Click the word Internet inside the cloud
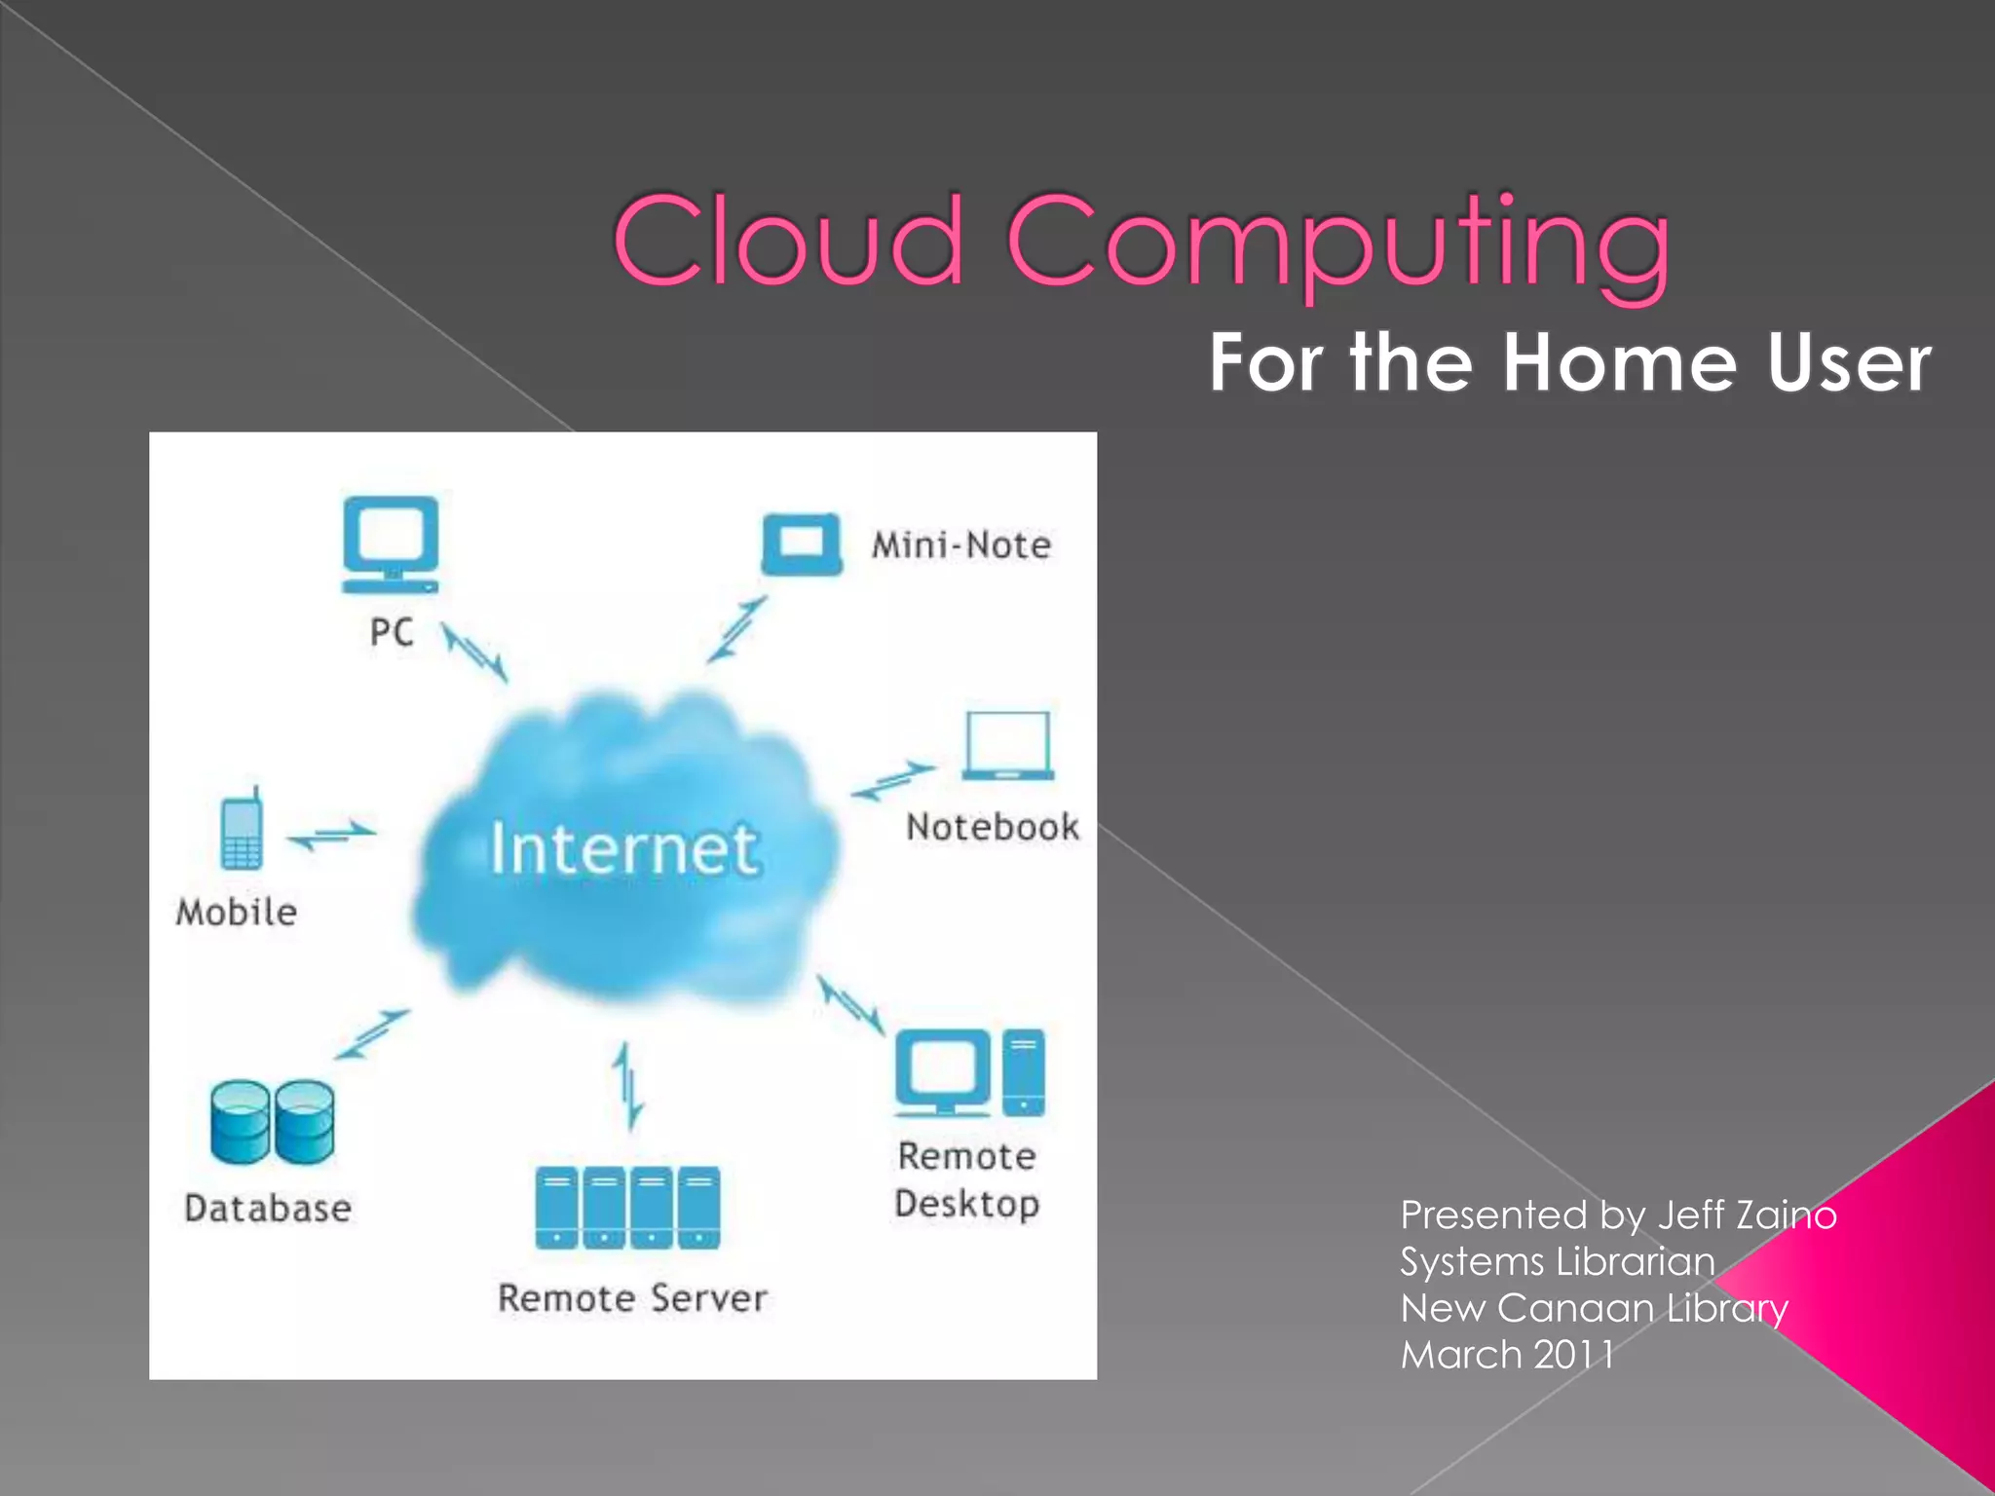click(x=623, y=849)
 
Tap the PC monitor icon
click(x=390, y=544)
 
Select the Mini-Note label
click(x=961, y=545)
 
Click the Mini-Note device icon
click(x=802, y=543)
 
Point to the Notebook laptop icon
click(x=1008, y=745)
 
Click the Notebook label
click(x=993, y=827)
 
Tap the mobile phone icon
click(x=241, y=830)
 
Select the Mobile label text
click(x=237, y=913)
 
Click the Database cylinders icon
click(x=272, y=1122)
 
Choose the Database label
click(x=268, y=1209)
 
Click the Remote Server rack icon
click(x=628, y=1207)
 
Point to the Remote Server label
click(x=632, y=1298)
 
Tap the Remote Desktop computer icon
click(x=969, y=1072)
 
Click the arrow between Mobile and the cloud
click(x=331, y=834)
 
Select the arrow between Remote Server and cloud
click(x=628, y=1085)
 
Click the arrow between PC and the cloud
click(x=475, y=653)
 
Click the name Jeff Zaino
click(x=1747, y=1215)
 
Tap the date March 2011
click(x=1507, y=1355)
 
